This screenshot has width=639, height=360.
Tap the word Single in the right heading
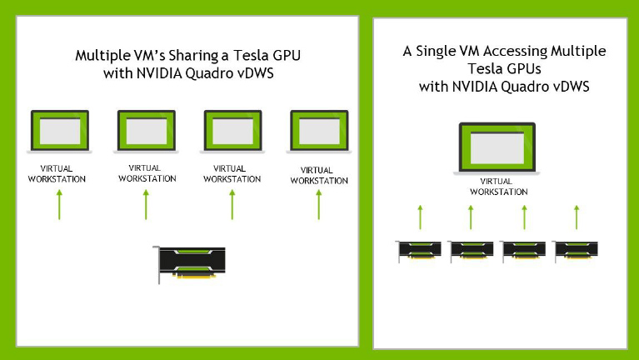tap(435, 52)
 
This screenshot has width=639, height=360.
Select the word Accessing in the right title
tap(515, 52)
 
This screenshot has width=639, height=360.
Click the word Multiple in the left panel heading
tap(102, 56)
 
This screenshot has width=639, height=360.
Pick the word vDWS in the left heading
tap(256, 73)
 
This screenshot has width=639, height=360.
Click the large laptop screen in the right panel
tap(497, 147)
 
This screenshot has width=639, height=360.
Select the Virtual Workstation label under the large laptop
tap(498, 187)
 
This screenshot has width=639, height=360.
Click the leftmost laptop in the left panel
tap(59, 132)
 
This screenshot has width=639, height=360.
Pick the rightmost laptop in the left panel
tap(319, 132)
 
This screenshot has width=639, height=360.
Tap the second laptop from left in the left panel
tap(147, 132)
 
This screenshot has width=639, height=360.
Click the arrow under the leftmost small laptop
tap(59, 205)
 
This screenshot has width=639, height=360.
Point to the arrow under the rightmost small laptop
tap(319, 205)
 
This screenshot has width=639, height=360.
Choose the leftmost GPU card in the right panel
tap(418, 251)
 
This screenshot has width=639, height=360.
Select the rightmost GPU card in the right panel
tap(575, 251)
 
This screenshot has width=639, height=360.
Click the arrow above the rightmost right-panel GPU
tap(577, 217)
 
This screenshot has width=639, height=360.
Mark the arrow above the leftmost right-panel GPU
tap(420, 217)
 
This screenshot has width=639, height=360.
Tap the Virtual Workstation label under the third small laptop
tap(232, 173)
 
